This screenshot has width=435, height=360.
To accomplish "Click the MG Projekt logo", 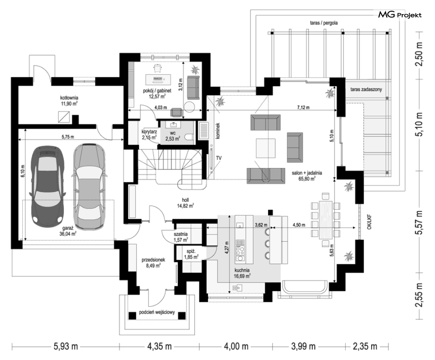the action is coord(400,14).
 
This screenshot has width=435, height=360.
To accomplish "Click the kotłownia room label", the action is coord(69,100).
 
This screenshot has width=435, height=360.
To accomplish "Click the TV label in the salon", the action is coord(219,158).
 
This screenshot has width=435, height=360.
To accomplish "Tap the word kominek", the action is coord(218,131).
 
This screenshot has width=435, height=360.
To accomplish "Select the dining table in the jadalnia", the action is coord(326,220).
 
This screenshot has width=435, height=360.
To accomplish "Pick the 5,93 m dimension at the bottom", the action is coord(65,346).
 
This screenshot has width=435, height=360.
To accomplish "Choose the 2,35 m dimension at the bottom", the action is coord(365,346).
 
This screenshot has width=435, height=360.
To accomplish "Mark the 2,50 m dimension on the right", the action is coord(419,54).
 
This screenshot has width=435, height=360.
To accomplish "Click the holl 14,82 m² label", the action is coord(185,203).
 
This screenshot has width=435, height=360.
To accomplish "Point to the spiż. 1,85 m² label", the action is coord(191,254).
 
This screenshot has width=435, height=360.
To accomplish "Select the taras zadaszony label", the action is coord(366,89).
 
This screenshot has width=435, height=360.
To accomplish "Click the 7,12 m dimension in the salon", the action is coord(303,107).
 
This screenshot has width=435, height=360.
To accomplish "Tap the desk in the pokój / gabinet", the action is coord(157,79).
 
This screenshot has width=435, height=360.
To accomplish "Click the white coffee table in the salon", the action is coord(266,148).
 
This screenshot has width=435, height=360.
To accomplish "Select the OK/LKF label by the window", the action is coord(369,222).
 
